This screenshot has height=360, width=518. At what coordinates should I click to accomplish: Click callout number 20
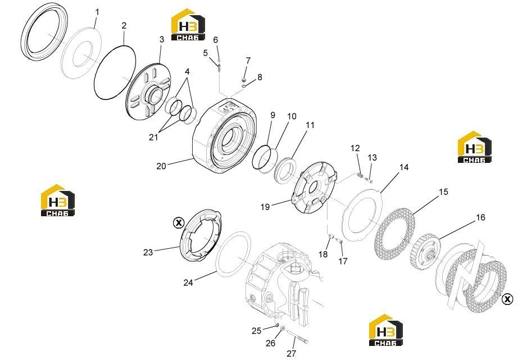click(x=161, y=166)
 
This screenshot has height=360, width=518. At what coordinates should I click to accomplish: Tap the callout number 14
click(x=404, y=167)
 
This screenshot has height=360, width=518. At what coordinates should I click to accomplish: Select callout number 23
click(x=148, y=252)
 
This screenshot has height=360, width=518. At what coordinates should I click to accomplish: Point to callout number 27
click(x=291, y=353)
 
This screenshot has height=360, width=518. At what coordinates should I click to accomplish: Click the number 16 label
click(x=480, y=217)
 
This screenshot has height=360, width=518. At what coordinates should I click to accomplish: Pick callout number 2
click(x=124, y=25)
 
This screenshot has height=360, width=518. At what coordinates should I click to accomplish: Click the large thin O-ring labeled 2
click(x=115, y=72)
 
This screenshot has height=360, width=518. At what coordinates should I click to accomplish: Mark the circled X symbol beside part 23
click(x=179, y=223)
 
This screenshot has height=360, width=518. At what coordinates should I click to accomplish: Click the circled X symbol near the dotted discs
click(x=507, y=299)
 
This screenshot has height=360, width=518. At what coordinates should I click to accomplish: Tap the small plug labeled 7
click(x=244, y=80)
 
